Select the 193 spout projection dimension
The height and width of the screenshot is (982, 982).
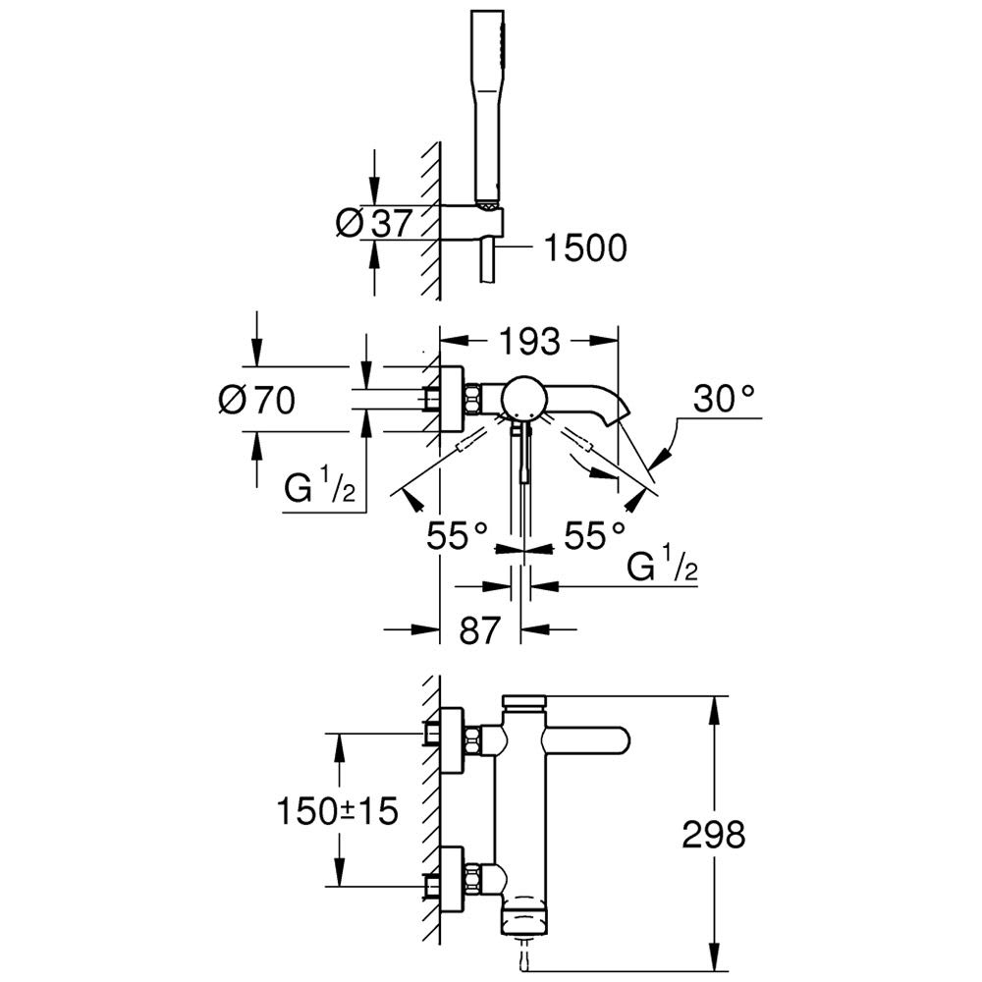529,342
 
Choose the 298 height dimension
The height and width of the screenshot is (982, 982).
713,836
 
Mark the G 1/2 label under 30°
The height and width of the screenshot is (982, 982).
664,569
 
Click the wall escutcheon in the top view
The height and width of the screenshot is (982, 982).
452,398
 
